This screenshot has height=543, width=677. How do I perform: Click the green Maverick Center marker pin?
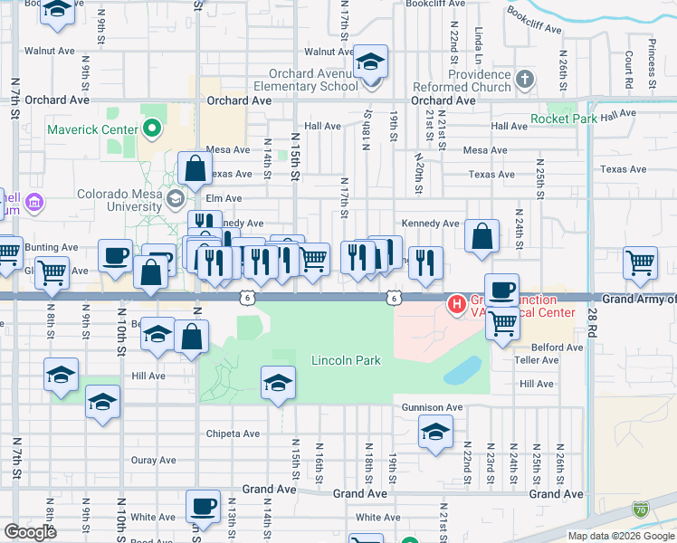pyautogui.click(x=151, y=129)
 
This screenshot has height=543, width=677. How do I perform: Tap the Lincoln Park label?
pyautogui.click(x=346, y=360)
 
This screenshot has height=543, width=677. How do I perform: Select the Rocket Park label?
pyautogui.click(x=563, y=119)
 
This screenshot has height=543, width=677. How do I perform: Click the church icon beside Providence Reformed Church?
pyautogui.click(x=524, y=81)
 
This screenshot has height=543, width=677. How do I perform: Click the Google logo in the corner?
pyautogui.click(x=30, y=532)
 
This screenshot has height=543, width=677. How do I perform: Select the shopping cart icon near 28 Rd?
pyautogui.click(x=640, y=262)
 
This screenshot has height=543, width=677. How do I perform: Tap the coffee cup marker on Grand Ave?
pyautogui.click(x=203, y=507)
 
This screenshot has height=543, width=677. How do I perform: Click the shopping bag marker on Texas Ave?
pyautogui.click(x=195, y=167)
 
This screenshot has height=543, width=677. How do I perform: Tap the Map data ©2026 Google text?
pyautogui.click(x=621, y=536)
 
